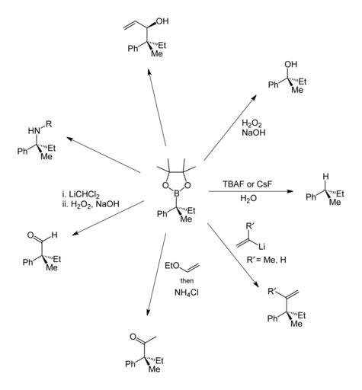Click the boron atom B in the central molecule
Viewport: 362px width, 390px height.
coord(177,194)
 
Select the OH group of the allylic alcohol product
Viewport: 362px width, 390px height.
coord(162,21)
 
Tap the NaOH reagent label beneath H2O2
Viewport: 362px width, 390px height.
coord(254,133)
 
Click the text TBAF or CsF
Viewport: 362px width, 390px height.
coord(247,184)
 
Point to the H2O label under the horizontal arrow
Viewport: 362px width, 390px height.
coord(248,198)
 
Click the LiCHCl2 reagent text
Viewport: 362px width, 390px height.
coord(81,195)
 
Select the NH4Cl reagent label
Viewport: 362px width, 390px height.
coord(187,292)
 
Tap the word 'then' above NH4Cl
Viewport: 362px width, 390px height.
coord(187,280)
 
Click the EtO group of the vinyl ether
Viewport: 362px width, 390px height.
coord(172,266)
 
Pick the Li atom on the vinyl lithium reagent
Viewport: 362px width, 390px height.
coord(261,246)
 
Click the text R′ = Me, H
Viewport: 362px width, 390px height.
coord(266,260)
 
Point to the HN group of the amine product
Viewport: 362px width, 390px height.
coord(34,131)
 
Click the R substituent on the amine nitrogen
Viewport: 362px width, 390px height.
coord(49,124)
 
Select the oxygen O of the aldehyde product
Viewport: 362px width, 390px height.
coord(30,235)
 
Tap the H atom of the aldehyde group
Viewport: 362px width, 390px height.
coord(54,235)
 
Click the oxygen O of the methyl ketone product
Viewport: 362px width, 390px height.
coord(133,337)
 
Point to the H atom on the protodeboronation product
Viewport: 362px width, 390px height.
coord(325,176)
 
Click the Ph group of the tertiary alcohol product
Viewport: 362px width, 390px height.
coord(274,85)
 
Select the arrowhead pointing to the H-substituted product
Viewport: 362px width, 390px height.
coord(290,191)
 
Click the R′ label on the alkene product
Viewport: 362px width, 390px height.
coord(273,291)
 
